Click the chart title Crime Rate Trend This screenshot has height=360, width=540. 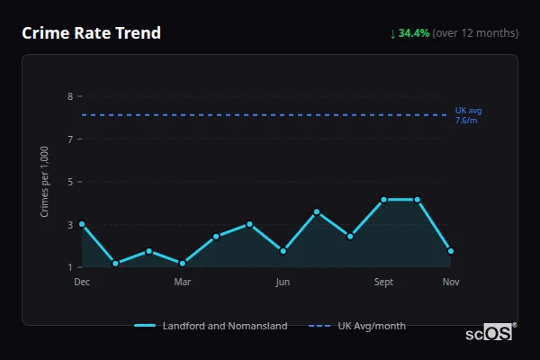(91, 33)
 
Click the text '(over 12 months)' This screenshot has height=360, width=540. (475, 33)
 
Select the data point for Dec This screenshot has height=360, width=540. (82, 224)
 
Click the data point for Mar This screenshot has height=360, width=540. (183, 264)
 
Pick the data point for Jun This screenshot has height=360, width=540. (283, 251)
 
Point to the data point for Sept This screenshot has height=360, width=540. (383, 200)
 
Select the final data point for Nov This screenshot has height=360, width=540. (451, 251)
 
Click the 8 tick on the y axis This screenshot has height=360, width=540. (70, 96)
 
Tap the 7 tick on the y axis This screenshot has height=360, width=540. (70, 139)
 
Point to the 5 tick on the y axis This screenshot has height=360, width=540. (70, 182)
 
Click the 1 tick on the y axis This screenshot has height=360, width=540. (70, 267)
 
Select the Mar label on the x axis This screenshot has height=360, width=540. (183, 282)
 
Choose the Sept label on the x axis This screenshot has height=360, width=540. (383, 282)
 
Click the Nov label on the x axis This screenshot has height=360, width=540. (451, 282)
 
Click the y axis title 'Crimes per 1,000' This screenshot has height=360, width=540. (45, 182)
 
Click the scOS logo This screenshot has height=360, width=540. (490, 333)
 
